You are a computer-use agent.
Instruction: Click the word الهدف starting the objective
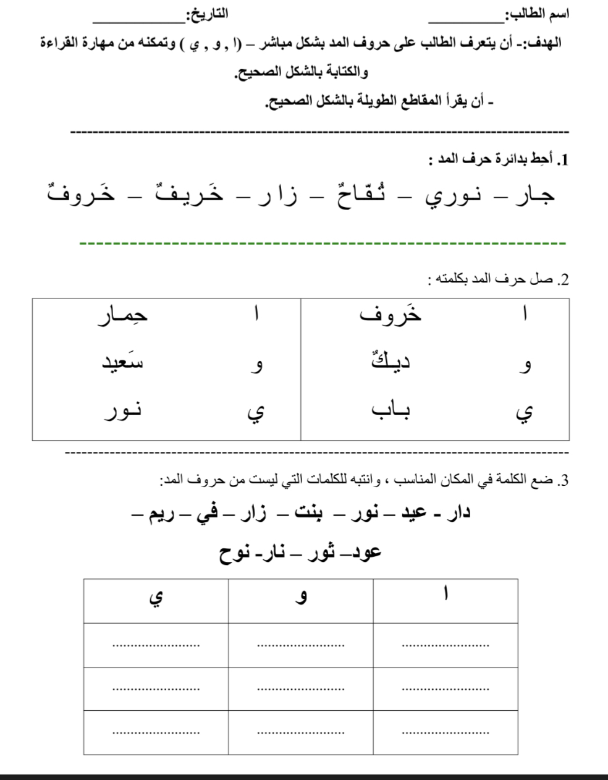click(x=543, y=44)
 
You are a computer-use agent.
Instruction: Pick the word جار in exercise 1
click(x=534, y=195)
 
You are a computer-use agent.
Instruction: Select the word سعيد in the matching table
click(x=122, y=363)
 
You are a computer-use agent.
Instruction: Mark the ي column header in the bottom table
click(x=155, y=598)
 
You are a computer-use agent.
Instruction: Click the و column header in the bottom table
click(x=301, y=599)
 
